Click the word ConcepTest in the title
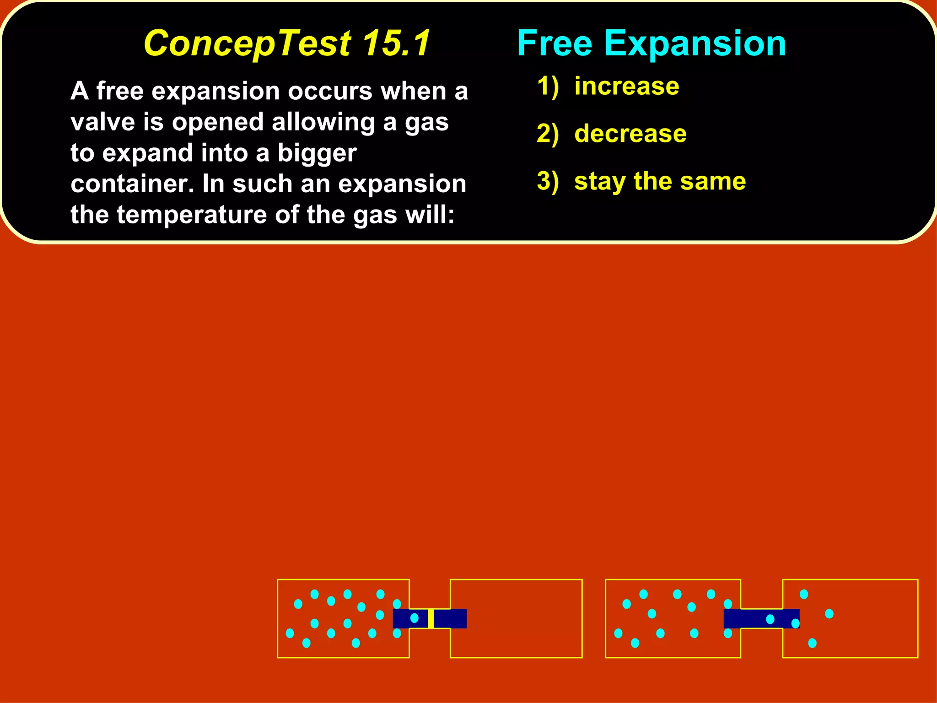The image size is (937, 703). coord(247,43)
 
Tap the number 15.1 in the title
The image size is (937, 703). coord(396,43)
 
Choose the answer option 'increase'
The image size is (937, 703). coord(627,86)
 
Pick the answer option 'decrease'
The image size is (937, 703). coord(630,134)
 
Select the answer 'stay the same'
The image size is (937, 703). coord(660,181)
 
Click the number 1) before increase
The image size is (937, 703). coord(548,86)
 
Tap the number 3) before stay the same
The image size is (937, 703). coord(548,181)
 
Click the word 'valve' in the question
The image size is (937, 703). coord(103,122)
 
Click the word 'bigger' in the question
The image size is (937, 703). coord(317,153)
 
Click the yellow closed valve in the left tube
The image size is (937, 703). coord(431,618)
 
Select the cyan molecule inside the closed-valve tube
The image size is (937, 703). coord(415,618)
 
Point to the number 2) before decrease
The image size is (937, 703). coord(548,134)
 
